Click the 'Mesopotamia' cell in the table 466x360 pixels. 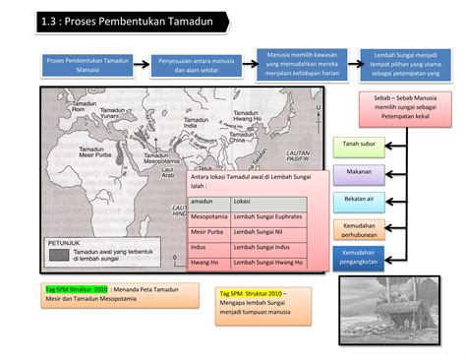pos(209,215)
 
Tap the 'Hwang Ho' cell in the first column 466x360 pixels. pos(205,263)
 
